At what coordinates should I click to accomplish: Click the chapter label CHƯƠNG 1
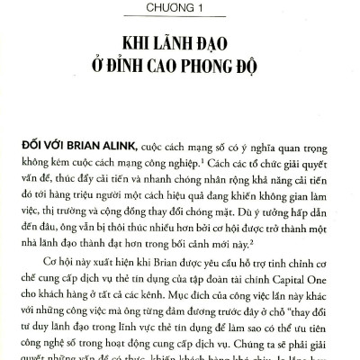pyautogui.click(x=180, y=8)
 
